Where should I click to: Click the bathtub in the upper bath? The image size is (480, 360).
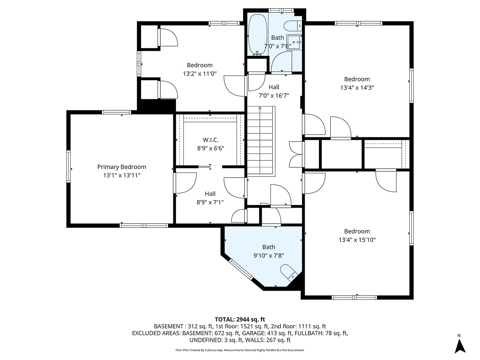[x=257, y=34]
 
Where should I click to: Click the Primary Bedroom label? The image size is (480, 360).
[x=121, y=167]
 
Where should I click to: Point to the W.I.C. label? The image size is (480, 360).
[x=210, y=140]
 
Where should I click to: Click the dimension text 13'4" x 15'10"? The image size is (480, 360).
[x=357, y=240]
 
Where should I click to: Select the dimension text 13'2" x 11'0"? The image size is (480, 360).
[x=199, y=74]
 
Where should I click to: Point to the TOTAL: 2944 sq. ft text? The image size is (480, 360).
[x=240, y=319]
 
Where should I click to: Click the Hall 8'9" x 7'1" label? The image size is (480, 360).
[x=210, y=194]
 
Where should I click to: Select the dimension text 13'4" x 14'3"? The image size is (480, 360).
[x=357, y=87]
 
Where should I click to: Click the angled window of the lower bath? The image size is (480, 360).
[x=241, y=270]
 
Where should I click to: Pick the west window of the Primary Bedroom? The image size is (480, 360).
[x=69, y=166]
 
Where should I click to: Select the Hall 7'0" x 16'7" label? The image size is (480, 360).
[x=274, y=87]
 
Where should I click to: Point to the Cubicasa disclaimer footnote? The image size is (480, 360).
[x=240, y=350]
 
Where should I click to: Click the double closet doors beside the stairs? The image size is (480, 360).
[x=295, y=154]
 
